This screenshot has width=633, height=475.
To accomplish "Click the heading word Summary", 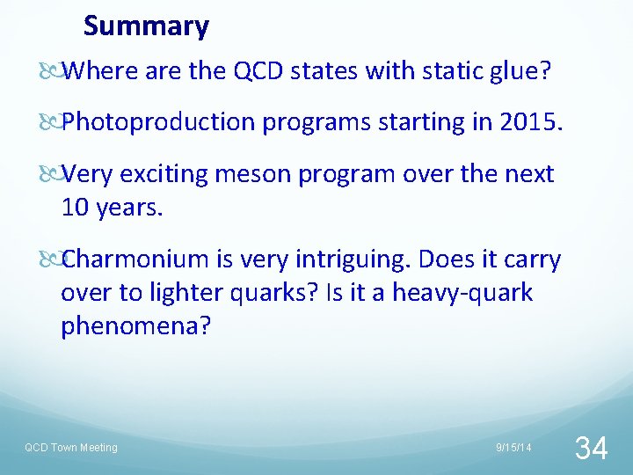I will point(146,26).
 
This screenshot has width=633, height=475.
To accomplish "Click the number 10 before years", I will point(75,208).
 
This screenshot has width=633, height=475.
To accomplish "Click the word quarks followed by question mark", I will point(269,293).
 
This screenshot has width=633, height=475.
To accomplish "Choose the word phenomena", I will point(135,326).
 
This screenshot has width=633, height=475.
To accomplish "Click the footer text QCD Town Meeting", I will point(70,448).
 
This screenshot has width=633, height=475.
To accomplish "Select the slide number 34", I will point(590,448).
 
